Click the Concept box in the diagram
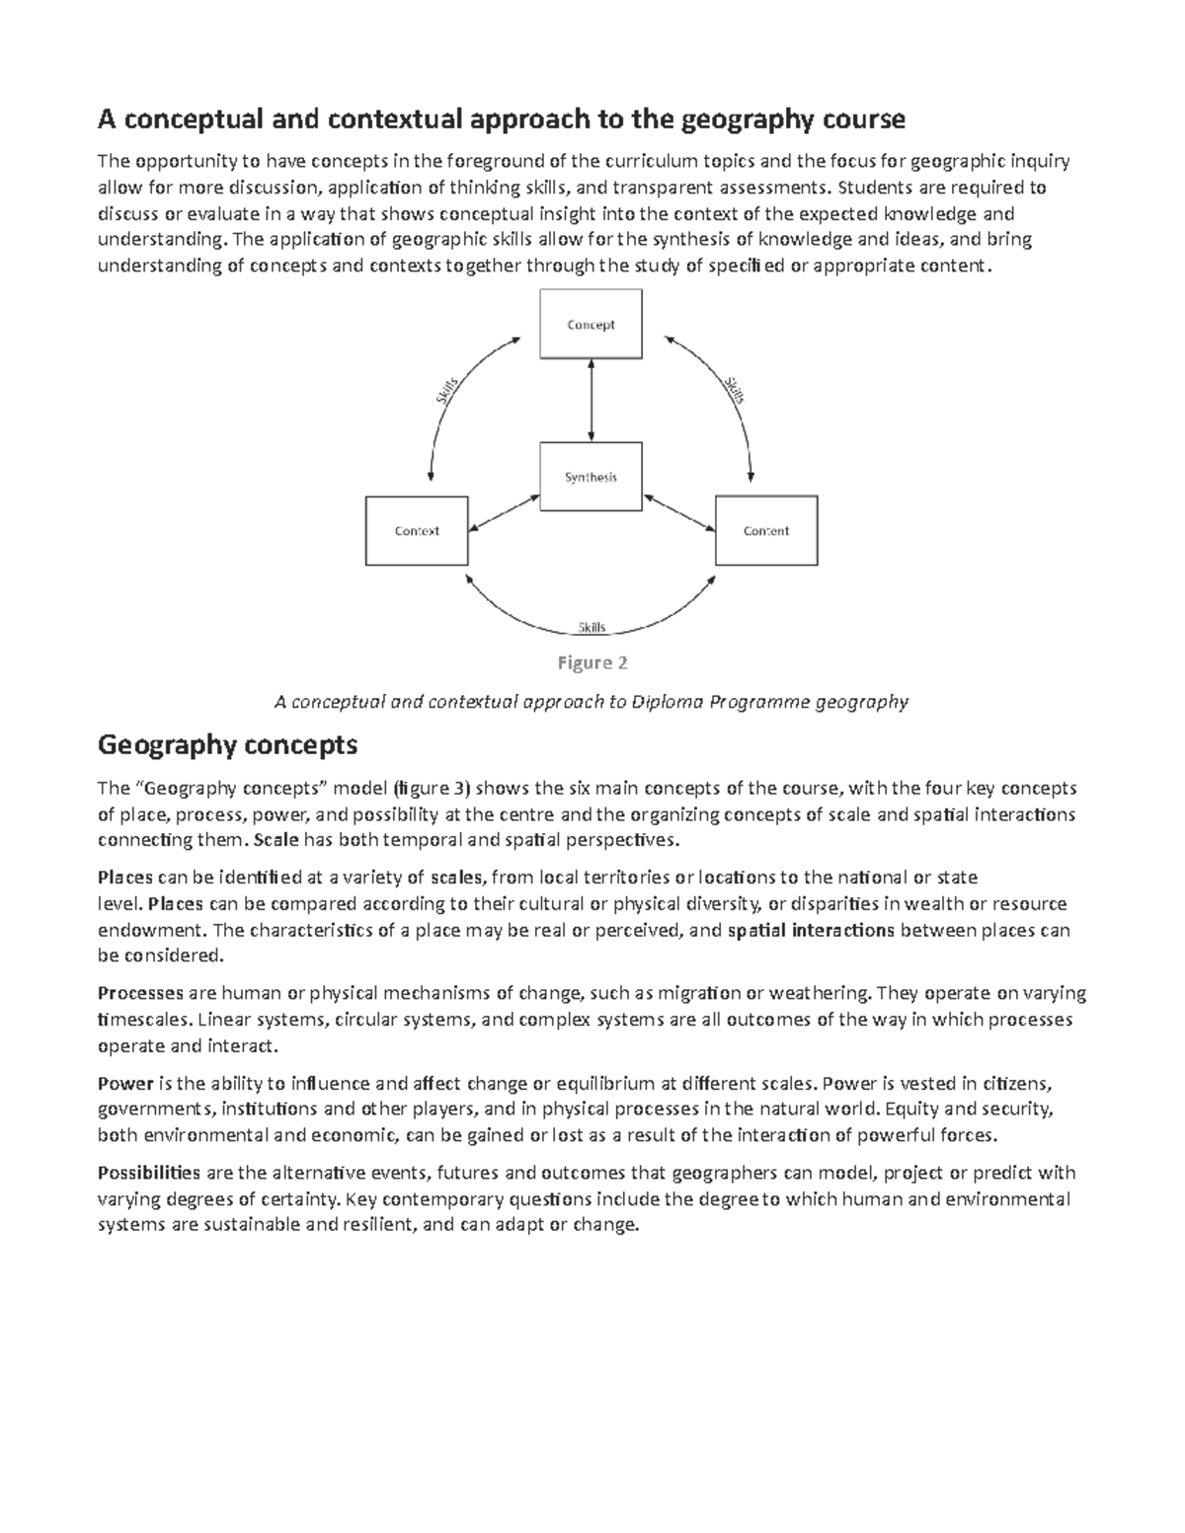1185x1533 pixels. (x=591, y=324)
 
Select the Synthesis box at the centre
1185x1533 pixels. (x=591, y=477)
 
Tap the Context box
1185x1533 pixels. (x=417, y=531)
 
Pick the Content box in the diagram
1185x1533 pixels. (x=766, y=531)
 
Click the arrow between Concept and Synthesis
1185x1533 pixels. (x=591, y=401)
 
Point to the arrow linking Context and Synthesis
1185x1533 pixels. (x=504, y=512)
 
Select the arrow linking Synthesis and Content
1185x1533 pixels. (x=678, y=511)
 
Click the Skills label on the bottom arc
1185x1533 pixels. (x=592, y=628)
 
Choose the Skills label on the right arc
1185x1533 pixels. (x=734, y=390)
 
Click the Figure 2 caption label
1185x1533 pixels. (x=592, y=663)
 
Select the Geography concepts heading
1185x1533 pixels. (x=227, y=744)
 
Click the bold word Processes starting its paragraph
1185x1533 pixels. (x=139, y=993)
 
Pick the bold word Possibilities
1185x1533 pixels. (x=149, y=1173)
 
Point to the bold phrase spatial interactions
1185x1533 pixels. (x=811, y=930)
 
